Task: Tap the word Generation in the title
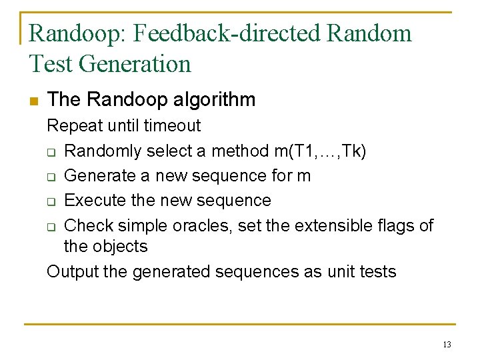[135, 64]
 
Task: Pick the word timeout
[172, 125]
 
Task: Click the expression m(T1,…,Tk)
[319, 151]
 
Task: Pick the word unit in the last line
[340, 272]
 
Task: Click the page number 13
[446, 345]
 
